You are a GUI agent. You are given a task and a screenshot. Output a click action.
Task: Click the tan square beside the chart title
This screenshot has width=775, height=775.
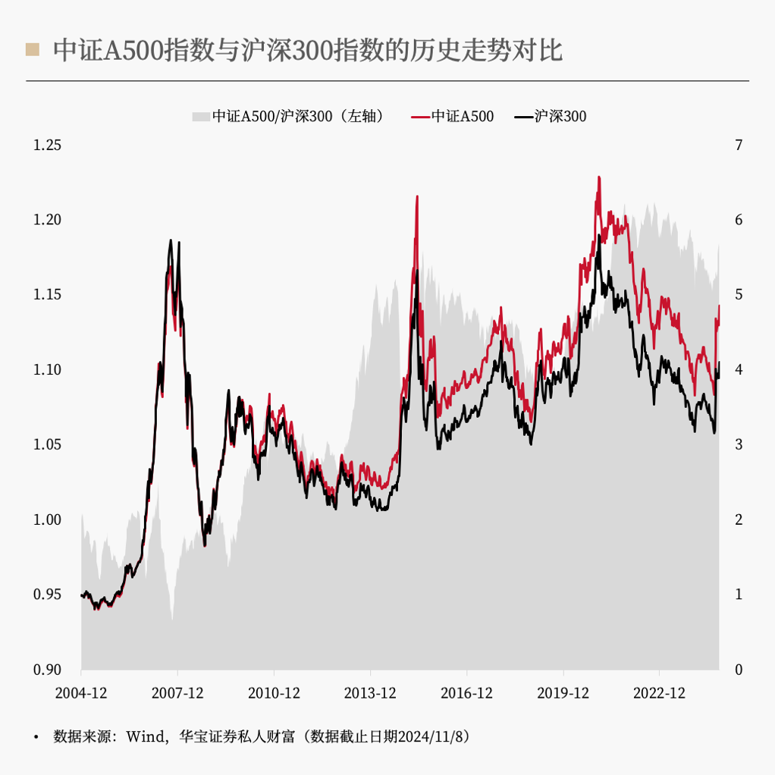[x=32, y=50]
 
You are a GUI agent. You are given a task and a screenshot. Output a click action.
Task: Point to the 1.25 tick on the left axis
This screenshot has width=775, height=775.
[x=47, y=145]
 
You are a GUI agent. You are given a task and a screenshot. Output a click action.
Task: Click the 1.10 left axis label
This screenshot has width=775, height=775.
[x=47, y=370]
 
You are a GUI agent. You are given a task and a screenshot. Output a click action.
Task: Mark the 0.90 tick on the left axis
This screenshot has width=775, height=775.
[x=47, y=670]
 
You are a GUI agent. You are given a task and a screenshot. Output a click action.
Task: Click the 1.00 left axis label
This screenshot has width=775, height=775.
[x=47, y=519]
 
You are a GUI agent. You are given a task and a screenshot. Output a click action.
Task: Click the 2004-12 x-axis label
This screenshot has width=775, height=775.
[x=81, y=693]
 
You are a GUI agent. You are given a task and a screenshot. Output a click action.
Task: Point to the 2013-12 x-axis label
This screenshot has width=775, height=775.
[x=370, y=693]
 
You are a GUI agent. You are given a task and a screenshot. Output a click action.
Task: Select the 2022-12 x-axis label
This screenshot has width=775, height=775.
[x=659, y=693]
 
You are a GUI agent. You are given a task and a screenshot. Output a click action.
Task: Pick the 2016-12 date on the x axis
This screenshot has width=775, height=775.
[x=466, y=693]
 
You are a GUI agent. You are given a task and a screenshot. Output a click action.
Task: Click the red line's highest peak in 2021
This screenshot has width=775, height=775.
[x=599, y=177]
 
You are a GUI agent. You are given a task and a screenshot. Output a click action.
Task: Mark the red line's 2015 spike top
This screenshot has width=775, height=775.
[x=417, y=196]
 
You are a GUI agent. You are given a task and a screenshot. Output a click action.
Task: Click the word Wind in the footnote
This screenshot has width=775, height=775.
[x=144, y=736]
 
